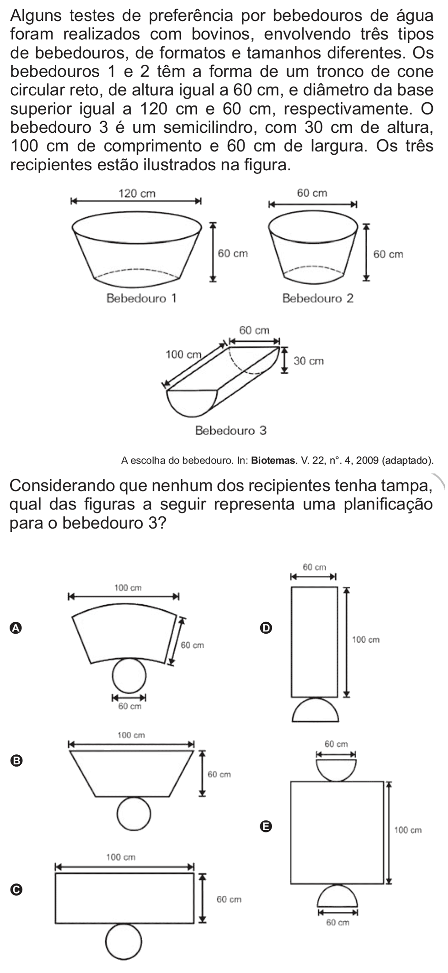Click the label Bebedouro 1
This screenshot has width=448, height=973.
pyautogui.click(x=141, y=299)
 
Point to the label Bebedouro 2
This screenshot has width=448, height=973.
pyautogui.click(x=318, y=299)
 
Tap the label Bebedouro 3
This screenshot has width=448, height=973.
pyautogui.click(x=230, y=431)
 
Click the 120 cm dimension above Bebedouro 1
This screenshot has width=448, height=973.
pyautogui.click(x=137, y=194)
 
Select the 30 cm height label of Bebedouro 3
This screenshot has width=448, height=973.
pyautogui.click(x=309, y=361)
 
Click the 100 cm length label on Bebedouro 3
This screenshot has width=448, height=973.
pyautogui.click(x=183, y=354)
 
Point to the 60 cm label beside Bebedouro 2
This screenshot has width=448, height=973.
pyautogui.click(x=388, y=254)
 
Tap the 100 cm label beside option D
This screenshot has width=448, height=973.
pyautogui.click(x=366, y=640)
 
